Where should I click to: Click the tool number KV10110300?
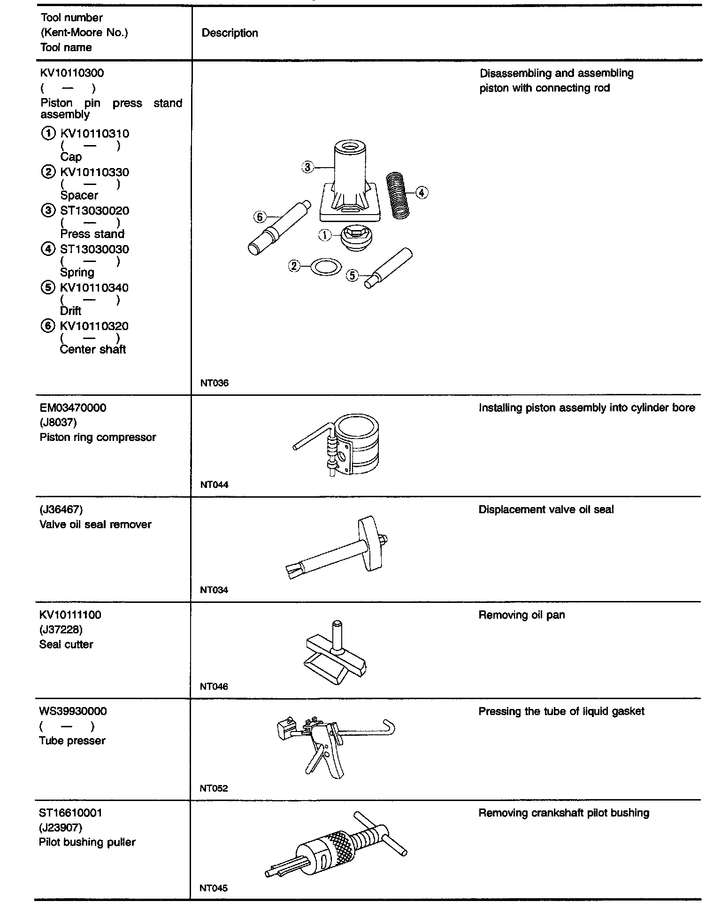tap(72, 73)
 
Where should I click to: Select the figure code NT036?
tap(214, 383)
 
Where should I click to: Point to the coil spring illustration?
tap(398, 196)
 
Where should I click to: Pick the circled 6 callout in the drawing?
tap(260, 217)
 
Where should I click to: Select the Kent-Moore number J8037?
tap(58, 423)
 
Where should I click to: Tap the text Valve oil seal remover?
tap(95, 524)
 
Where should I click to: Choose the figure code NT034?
tap(214, 590)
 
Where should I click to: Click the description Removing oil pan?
tap(522, 615)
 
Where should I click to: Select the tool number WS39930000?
tap(73, 711)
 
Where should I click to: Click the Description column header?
tap(230, 33)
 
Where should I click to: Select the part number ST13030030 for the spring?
tap(94, 249)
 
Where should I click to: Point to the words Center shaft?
tap(93, 349)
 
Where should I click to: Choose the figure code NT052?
tap(214, 788)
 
